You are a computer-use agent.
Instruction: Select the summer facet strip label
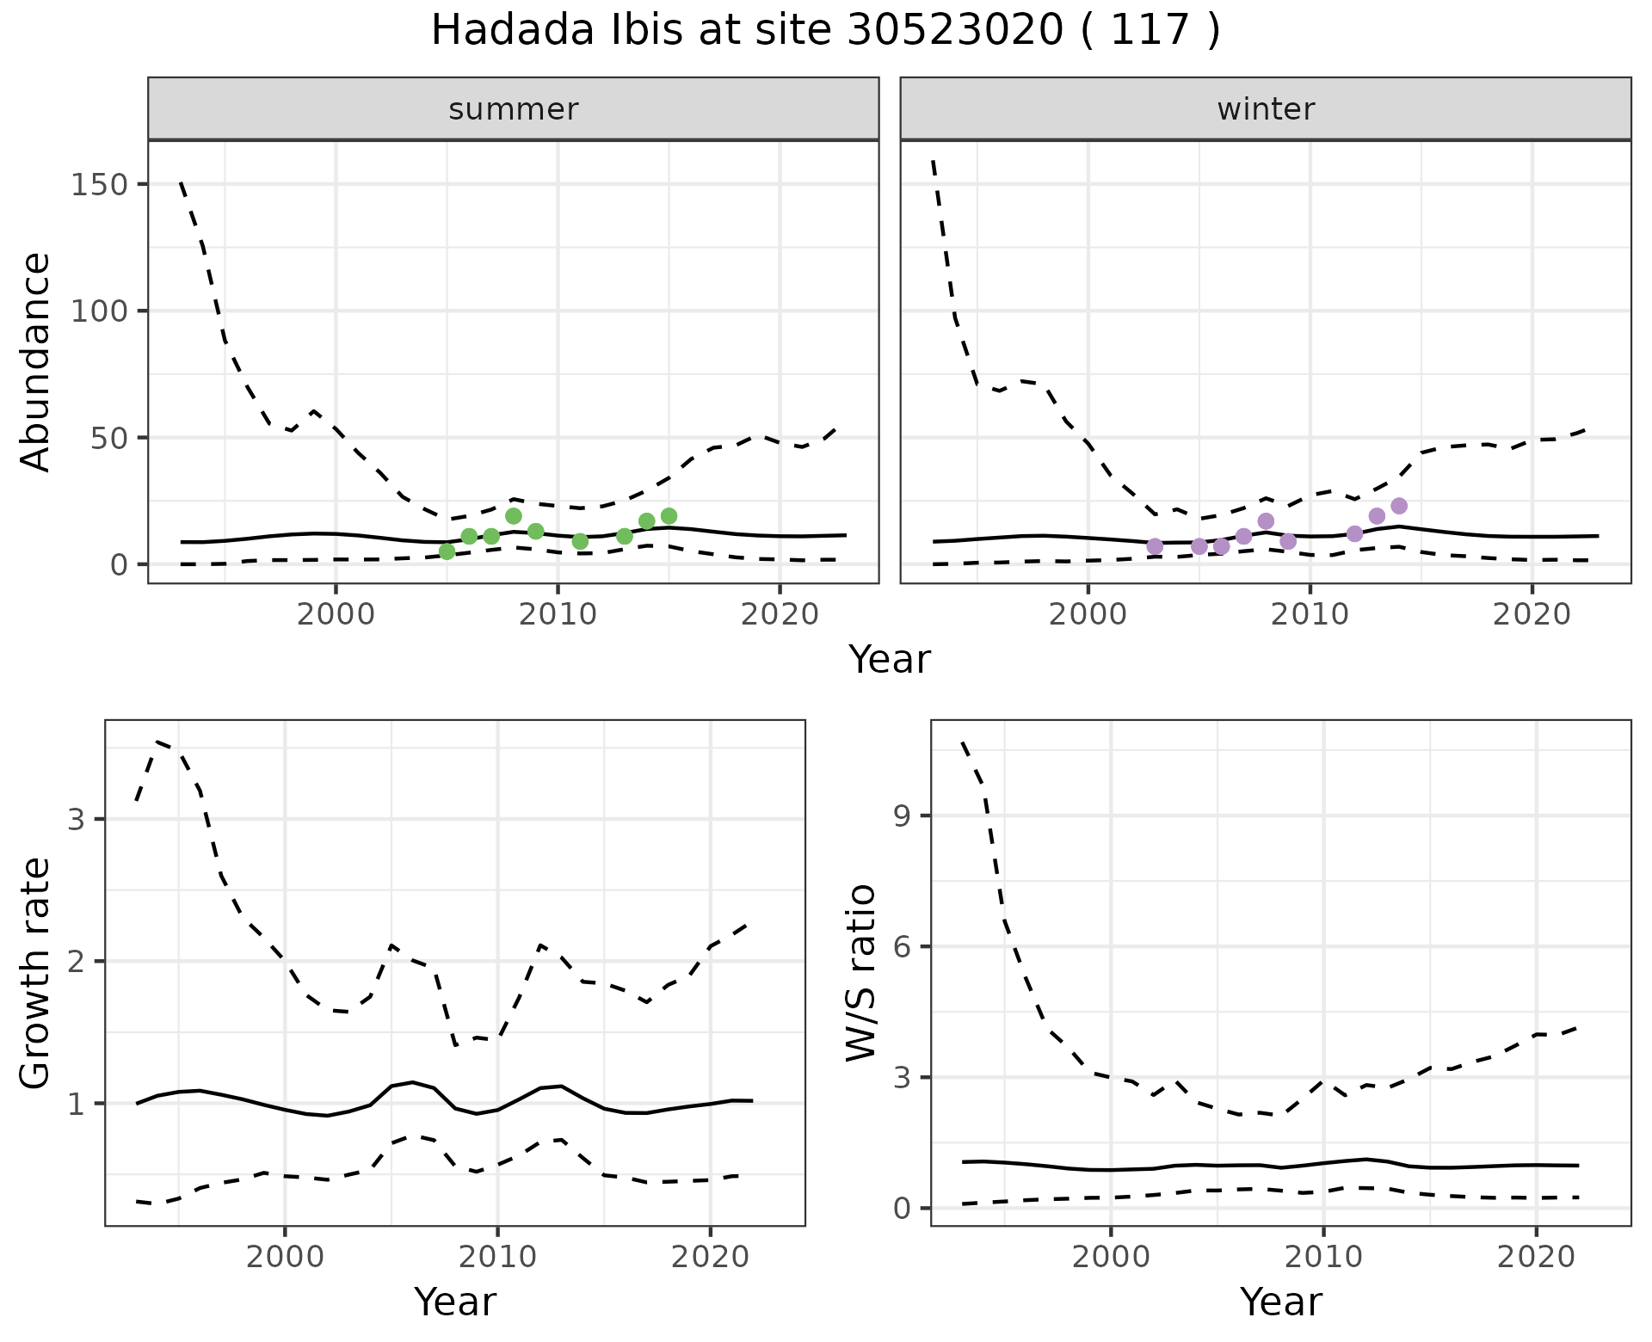tap(513, 109)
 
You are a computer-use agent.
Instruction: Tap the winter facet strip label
tap(1265, 109)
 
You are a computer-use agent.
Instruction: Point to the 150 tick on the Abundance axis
tap(100, 185)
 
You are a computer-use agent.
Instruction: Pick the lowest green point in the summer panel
tap(447, 551)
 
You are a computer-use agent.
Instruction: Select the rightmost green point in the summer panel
tap(669, 516)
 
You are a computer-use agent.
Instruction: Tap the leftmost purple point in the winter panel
tap(1155, 546)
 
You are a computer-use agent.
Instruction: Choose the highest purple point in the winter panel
tap(1399, 506)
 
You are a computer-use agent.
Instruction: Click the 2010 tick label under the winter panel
tap(1310, 614)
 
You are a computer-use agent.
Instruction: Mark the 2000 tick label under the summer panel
tap(336, 614)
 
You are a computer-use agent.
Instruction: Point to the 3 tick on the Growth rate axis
tap(76, 819)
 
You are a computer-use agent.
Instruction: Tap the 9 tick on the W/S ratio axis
tap(902, 816)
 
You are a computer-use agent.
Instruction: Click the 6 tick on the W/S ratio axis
tap(902, 947)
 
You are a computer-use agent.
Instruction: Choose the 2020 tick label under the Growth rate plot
tap(710, 1257)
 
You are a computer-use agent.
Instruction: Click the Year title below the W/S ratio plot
tap(1280, 1302)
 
